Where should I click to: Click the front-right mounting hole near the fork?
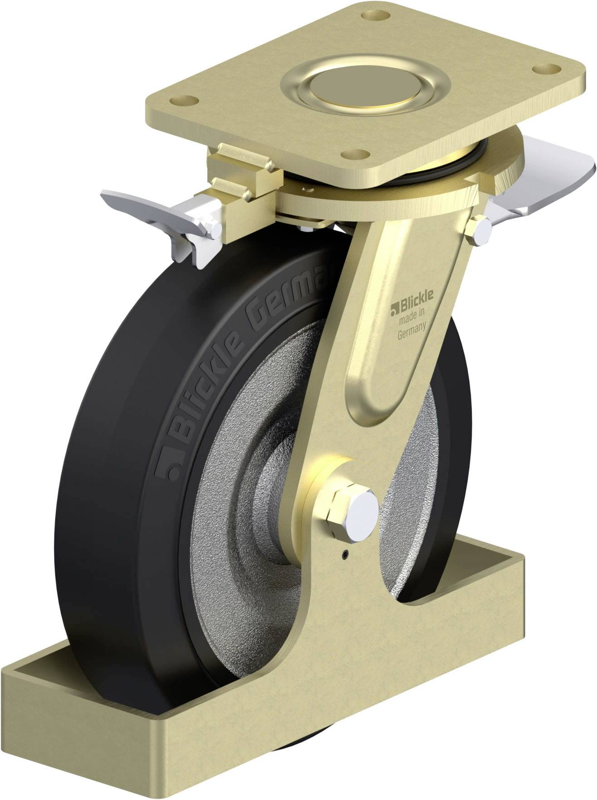click(x=354, y=155)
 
